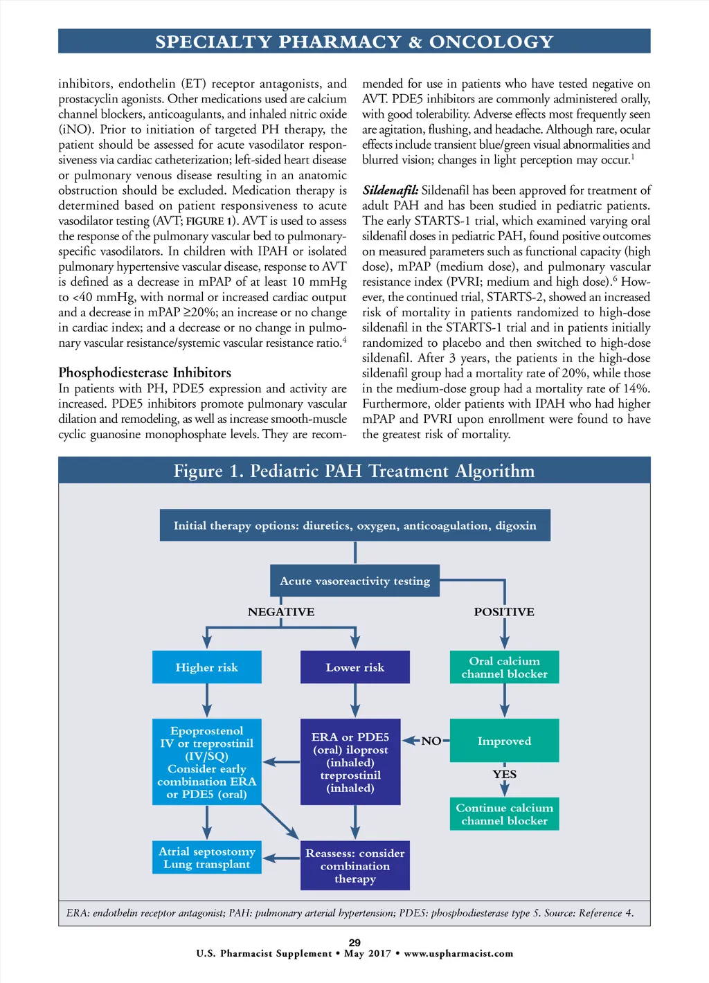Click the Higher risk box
tap(207, 667)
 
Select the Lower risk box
tap(354, 667)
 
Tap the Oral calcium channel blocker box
tap(504, 667)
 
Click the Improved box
tap(504, 741)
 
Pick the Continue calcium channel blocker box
tap(504, 814)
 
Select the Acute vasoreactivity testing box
tap(354, 581)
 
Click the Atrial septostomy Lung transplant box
tap(207, 858)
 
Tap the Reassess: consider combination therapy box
tap(354, 865)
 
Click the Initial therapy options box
tap(354, 525)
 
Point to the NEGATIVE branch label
tap(281, 612)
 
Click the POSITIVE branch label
tap(504, 612)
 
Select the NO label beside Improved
tap(431, 741)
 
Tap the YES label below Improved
tap(504, 774)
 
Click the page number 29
tap(354, 942)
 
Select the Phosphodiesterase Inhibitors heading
tap(145, 372)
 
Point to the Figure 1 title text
tap(354, 471)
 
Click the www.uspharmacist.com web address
tap(458, 953)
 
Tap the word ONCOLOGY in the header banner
tap(491, 42)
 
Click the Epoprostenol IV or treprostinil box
tap(207, 762)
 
